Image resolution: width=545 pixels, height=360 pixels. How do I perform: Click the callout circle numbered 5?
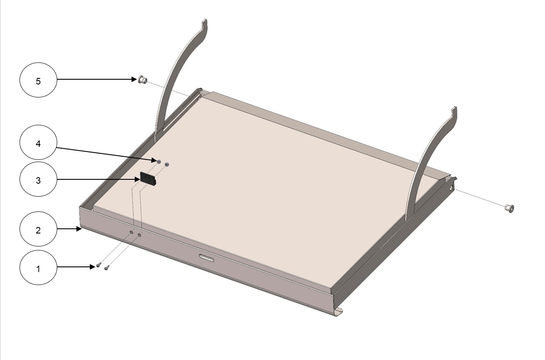tap(38, 80)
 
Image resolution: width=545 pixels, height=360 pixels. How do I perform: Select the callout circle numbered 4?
tap(38, 143)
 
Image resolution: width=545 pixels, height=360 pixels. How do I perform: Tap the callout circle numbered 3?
tap(38, 179)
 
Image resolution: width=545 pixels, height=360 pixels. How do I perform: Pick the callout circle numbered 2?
tap(38, 229)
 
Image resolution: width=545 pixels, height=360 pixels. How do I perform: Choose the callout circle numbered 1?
tap(38, 267)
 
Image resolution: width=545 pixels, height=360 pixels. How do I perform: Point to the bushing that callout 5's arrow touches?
tap(142, 80)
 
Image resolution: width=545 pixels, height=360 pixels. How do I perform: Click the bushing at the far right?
tap(509, 208)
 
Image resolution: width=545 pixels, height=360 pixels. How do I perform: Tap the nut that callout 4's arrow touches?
tap(159, 161)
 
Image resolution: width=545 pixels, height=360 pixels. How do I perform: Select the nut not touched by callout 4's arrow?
tap(167, 165)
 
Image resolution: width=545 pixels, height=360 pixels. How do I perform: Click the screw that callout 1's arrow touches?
tap(98, 266)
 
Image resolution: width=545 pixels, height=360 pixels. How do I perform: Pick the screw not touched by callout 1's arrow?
tap(106, 268)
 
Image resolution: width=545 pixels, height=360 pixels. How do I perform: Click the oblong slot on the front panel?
tap(206, 258)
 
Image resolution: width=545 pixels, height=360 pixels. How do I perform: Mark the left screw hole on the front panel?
tap(131, 232)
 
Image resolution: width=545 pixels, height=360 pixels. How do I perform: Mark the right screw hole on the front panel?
tap(140, 235)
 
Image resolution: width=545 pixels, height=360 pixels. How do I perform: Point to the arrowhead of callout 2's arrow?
tap(78, 229)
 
